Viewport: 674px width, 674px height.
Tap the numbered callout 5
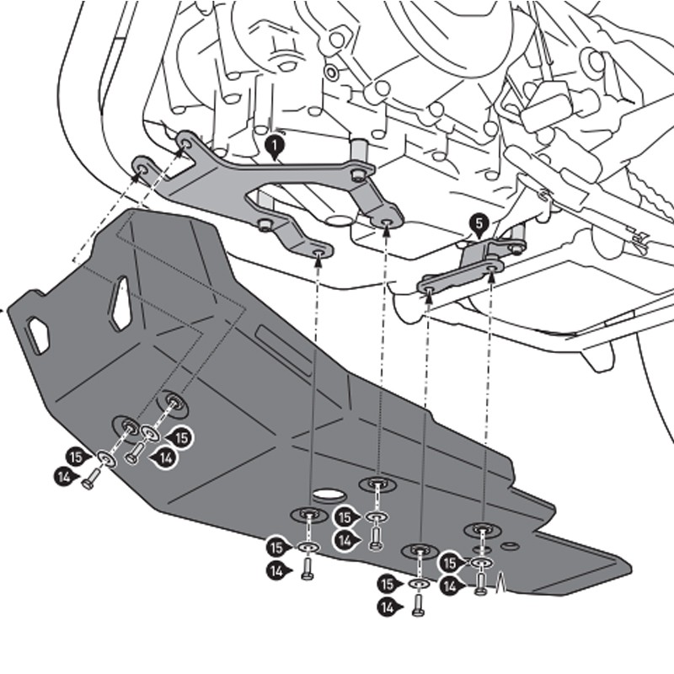tap(478, 223)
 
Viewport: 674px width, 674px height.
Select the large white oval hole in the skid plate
tap(329, 495)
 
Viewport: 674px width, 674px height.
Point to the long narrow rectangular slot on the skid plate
tap(284, 340)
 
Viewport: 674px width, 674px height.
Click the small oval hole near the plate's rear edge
tap(509, 546)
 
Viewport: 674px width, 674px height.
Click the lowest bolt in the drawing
tap(419, 604)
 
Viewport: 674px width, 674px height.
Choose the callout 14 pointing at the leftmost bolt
tap(63, 477)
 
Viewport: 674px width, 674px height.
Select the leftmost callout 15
tap(77, 455)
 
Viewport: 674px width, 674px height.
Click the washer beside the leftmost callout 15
tap(106, 459)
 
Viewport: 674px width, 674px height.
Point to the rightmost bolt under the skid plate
tap(481, 583)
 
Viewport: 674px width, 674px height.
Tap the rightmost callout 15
tap(452, 562)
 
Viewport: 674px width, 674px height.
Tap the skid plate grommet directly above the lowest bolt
tap(420, 552)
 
